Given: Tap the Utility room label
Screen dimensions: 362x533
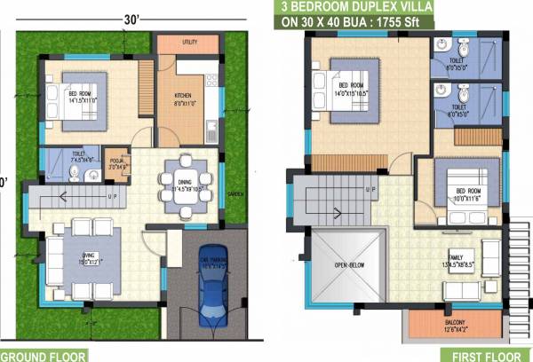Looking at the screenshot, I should coord(188,42).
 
